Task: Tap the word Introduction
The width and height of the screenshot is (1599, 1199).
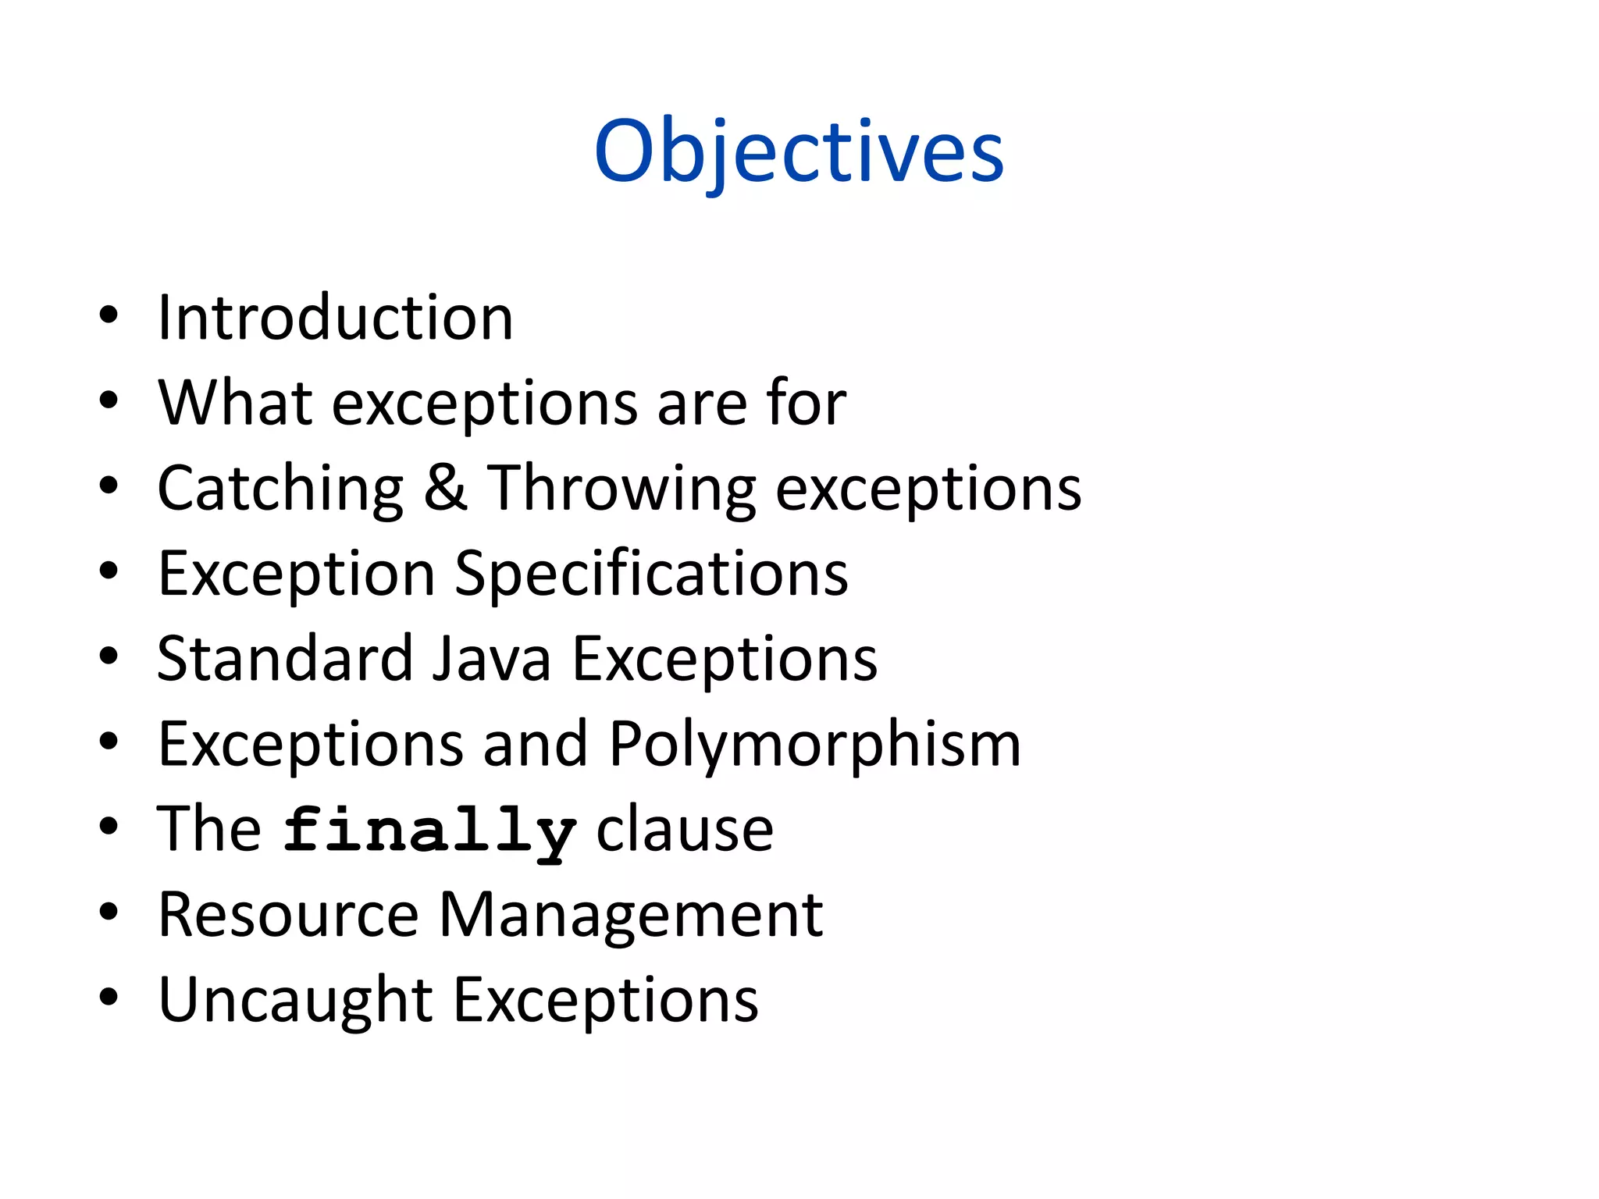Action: click(x=335, y=318)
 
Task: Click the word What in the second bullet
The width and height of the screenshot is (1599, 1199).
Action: click(x=235, y=403)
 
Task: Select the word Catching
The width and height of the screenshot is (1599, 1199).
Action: click(x=280, y=489)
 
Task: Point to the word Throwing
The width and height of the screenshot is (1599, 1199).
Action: click(x=621, y=489)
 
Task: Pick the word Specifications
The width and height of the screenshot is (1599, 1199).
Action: click(x=651, y=574)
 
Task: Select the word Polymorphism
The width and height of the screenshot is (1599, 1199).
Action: click(x=814, y=744)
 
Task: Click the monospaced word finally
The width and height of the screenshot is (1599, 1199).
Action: click(x=429, y=831)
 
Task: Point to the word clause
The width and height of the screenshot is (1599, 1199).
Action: click(x=685, y=829)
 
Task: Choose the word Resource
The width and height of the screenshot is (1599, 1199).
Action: click(x=288, y=914)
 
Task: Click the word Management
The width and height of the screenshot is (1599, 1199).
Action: click(x=631, y=914)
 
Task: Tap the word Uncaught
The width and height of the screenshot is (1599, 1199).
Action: click(x=295, y=1000)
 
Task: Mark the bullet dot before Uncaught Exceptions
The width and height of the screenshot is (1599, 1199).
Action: click(x=109, y=997)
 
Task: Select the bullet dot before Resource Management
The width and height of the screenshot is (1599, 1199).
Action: click(x=109, y=912)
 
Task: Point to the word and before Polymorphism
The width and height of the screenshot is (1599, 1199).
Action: click(x=535, y=744)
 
